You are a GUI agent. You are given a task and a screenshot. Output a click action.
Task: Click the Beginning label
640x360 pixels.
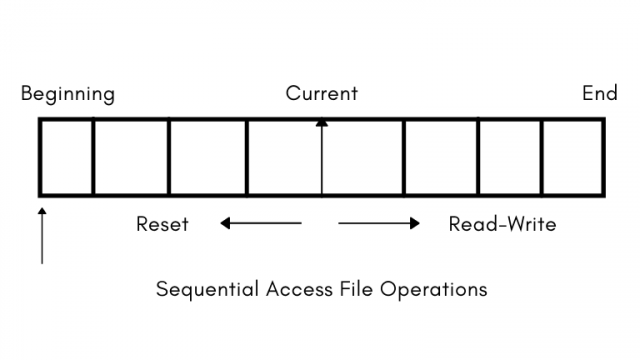[x=68, y=95]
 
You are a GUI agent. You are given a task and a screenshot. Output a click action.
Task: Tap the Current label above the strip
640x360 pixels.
[x=321, y=95]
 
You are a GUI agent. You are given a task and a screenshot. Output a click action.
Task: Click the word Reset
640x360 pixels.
[x=162, y=224]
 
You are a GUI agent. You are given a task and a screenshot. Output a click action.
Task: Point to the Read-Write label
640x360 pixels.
[x=502, y=224]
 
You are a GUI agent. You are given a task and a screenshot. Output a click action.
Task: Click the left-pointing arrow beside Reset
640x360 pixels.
[x=260, y=224]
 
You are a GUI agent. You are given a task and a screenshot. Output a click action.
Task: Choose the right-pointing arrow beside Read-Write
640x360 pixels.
[x=379, y=224]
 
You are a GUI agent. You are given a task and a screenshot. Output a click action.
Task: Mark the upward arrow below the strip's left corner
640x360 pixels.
[x=42, y=235]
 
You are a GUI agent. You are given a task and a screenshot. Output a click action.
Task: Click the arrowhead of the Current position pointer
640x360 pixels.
[x=321, y=123]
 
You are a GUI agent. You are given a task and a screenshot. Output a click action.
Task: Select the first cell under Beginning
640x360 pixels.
[x=66, y=157]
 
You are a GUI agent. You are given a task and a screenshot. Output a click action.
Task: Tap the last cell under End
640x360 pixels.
[x=572, y=157]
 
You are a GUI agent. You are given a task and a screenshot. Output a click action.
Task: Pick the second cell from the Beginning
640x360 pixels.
[x=130, y=157]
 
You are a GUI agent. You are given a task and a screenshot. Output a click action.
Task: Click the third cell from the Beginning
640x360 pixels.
[x=207, y=157]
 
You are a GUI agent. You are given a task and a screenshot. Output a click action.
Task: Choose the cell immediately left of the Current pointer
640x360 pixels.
[x=284, y=157]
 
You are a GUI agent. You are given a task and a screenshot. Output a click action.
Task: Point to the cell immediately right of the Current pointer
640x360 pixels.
[x=363, y=157]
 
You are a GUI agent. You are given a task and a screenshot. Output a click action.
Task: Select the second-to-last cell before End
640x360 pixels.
[x=510, y=157]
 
